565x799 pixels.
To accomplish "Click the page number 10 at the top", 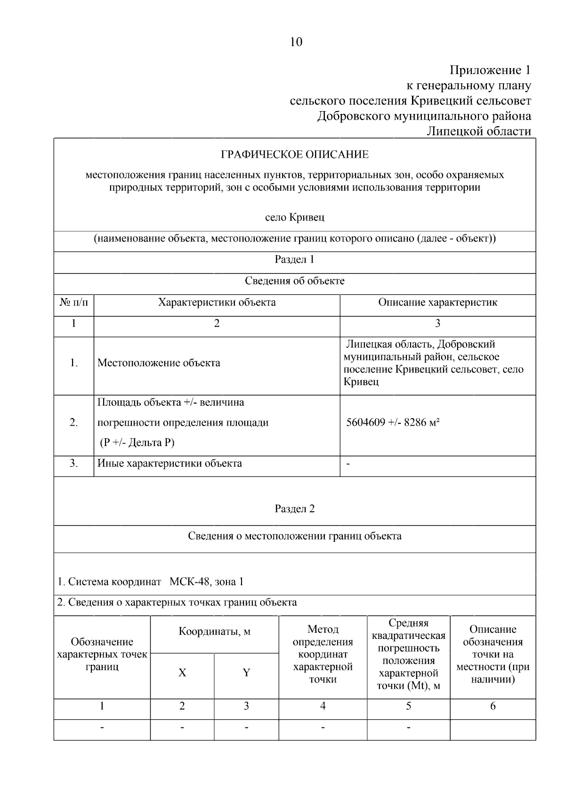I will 296,42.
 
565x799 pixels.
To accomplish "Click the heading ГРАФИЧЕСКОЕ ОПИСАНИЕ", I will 295,154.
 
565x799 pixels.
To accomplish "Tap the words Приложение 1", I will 490,71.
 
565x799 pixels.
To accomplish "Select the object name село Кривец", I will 295,218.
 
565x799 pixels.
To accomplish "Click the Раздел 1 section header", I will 294,259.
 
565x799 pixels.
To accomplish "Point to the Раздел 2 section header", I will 295,509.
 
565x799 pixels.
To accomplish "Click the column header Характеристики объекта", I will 217,302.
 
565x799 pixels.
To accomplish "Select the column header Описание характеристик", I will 437,302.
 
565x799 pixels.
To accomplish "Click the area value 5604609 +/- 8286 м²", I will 393,422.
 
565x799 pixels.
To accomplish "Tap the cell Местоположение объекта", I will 159,363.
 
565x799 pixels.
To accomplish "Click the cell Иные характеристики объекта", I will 169,463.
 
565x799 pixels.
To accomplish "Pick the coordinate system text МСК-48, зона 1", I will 206,582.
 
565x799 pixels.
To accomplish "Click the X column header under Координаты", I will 182,673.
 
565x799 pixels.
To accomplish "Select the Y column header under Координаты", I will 246,673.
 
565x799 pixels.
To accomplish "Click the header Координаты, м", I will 214,632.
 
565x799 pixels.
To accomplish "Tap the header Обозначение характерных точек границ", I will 102,654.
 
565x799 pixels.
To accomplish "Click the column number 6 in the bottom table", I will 492,706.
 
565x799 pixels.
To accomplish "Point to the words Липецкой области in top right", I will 478,131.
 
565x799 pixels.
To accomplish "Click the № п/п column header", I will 74,302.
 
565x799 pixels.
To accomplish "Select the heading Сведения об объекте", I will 295,281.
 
